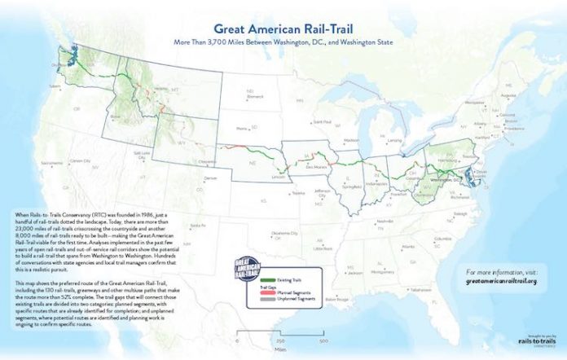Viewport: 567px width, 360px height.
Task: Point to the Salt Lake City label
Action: [143, 153]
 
